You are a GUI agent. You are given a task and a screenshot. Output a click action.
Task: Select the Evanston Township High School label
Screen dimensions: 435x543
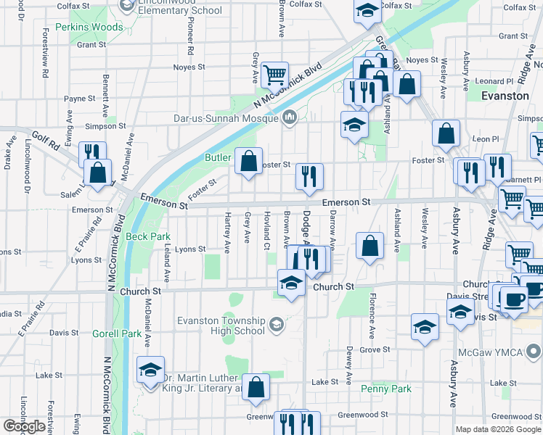coord(221,326)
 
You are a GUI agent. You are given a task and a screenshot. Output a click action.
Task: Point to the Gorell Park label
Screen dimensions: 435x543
coord(117,333)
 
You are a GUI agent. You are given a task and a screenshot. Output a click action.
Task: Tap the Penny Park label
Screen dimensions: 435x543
coord(386,389)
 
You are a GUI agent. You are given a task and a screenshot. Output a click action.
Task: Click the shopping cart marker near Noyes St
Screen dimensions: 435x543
coord(274,73)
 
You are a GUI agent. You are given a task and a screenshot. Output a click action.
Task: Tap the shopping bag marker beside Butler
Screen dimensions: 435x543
coord(248,161)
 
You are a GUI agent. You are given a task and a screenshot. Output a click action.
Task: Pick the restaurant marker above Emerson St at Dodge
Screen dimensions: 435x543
coord(309,176)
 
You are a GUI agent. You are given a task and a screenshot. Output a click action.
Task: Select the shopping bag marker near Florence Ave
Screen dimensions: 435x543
coord(370,246)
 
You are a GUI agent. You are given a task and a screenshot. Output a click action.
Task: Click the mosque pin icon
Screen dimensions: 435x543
coord(290,117)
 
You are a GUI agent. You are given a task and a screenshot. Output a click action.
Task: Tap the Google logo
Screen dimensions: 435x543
coord(24,426)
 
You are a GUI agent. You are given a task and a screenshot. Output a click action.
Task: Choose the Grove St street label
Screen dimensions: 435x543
coord(375,349)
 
